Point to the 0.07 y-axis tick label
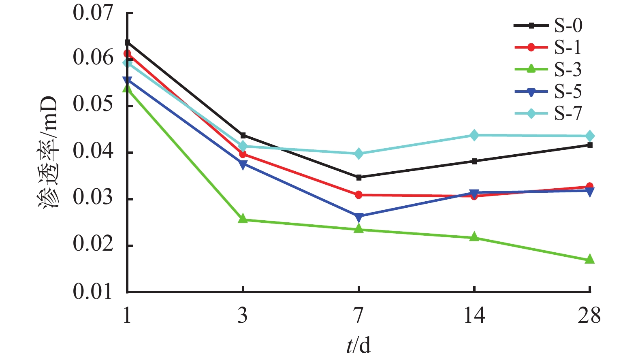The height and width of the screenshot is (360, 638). click(93, 13)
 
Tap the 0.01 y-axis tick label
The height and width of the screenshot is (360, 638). click(93, 292)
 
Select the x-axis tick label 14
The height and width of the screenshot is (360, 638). click(474, 315)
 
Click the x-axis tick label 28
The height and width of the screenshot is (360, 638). click(589, 315)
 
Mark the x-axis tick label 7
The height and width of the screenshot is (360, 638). click(358, 315)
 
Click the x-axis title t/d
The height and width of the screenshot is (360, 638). click(358, 345)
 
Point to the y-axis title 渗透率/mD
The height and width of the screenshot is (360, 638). click(49, 152)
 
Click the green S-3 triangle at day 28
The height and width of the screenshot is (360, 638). click(590, 259)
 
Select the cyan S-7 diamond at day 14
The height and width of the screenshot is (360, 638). click(474, 135)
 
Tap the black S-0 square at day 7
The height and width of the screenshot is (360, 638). click(358, 177)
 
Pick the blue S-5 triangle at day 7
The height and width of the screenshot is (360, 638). click(358, 217)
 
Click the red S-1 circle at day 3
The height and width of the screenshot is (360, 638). click(243, 154)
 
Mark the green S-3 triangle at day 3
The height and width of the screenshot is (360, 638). click(243, 219)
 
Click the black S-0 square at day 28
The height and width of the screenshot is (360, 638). click(590, 145)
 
